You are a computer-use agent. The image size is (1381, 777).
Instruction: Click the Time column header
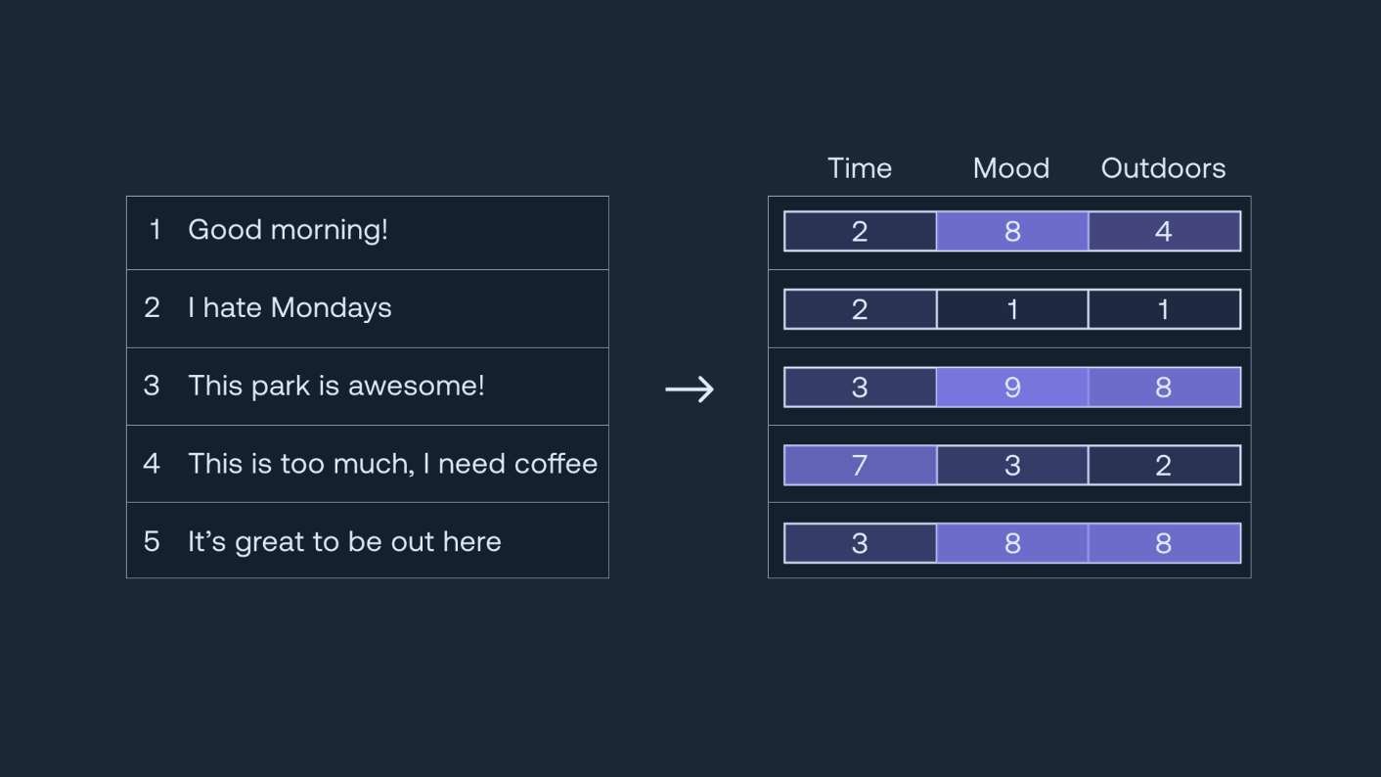860,168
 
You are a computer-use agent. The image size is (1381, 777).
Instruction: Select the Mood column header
1011,168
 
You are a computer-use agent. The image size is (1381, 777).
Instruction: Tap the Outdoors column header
1163,168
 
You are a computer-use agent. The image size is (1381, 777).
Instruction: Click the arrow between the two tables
690,389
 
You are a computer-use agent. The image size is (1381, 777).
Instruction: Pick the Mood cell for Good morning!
1012,231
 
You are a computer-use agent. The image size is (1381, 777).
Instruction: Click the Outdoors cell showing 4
1165,231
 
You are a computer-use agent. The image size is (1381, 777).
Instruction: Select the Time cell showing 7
860,465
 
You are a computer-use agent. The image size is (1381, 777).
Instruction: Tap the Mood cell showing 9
1012,388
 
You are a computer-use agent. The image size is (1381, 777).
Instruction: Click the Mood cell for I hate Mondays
1012,309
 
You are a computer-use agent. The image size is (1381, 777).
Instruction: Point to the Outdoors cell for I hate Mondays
1165,309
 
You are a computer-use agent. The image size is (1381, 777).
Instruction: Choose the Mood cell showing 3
1012,465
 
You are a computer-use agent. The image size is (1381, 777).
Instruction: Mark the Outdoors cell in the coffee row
1165,465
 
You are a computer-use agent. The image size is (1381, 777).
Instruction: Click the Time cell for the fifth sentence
860,543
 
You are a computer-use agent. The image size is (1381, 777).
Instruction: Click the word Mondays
332,308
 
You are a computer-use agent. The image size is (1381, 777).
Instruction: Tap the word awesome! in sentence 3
416,386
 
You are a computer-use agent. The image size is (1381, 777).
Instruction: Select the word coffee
556,464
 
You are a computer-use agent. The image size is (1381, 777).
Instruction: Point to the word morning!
330,231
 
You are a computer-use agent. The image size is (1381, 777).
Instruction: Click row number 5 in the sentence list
152,542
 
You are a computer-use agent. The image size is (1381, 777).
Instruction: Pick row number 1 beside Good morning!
155,230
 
